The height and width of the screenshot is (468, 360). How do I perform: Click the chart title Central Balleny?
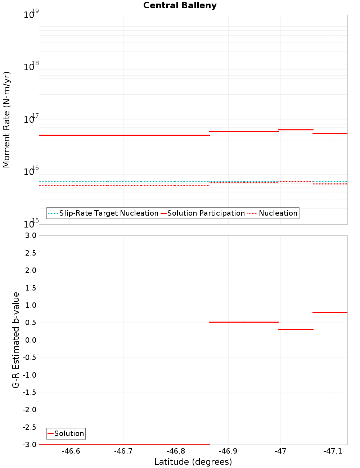tap(180, 5)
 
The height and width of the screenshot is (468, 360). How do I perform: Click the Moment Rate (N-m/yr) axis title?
tap(6, 120)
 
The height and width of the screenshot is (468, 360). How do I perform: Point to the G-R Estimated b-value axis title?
tap(16, 340)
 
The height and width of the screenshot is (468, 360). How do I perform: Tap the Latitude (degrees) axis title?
tap(193, 462)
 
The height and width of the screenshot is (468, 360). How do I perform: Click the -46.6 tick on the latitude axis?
tap(71, 451)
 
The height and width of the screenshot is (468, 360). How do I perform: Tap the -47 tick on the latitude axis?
tap(280, 451)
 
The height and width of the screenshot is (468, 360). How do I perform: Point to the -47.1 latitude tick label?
tap(333, 451)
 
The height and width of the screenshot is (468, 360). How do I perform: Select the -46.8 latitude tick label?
tap(176, 451)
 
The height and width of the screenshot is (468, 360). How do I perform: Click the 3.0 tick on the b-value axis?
tap(30, 235)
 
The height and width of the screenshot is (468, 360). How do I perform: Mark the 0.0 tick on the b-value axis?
tap(30, 340)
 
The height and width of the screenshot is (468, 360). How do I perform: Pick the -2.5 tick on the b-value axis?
tap(30, 427)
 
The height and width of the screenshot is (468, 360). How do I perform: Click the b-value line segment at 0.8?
tap(330, 312)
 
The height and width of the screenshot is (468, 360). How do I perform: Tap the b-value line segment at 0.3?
tap(296, 329)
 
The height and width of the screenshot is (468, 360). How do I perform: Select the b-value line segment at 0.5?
tap(244, 322)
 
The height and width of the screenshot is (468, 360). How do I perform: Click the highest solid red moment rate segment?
tap(296, 130)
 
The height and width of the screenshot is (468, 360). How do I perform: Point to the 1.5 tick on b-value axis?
tap(30, 288)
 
